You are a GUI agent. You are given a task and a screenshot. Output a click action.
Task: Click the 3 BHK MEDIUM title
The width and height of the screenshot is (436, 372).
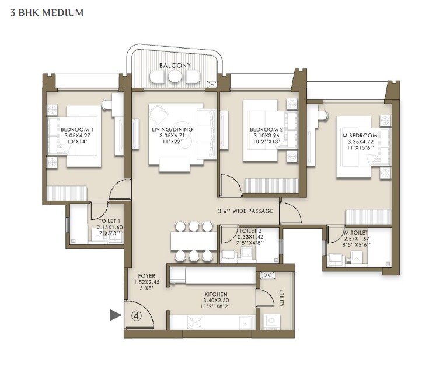point(47,12)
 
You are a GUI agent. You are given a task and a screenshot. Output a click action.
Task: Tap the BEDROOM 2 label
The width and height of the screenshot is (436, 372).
point(266,129)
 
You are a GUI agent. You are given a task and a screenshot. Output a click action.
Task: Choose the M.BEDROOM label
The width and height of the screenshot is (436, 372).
point(360,136)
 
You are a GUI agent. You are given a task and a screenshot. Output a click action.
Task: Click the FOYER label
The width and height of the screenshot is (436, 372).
point(146,275)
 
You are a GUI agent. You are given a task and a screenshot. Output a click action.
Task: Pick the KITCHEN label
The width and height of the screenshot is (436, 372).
point(216,294)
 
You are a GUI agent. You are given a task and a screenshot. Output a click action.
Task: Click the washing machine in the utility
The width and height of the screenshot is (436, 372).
point(271,321)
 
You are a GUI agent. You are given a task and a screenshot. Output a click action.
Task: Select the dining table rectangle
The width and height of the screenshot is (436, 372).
point(193,241)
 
